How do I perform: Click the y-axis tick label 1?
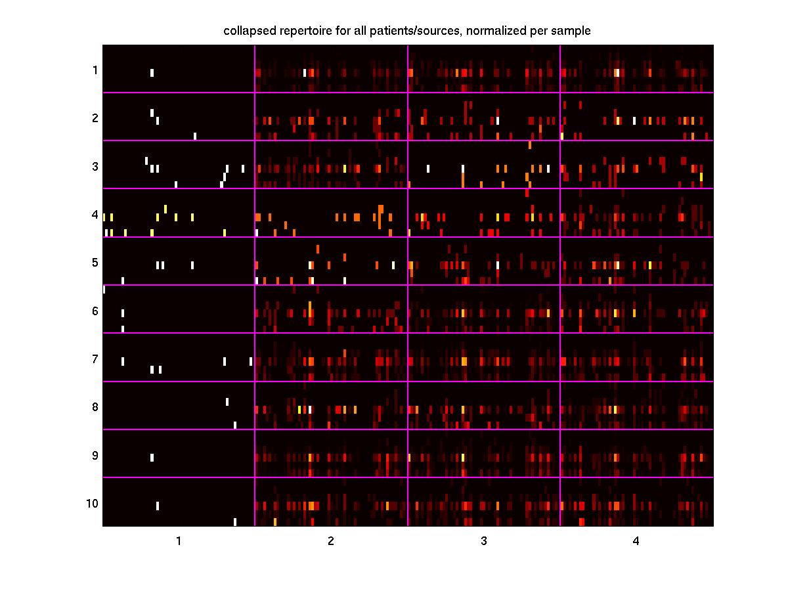coord(95,70)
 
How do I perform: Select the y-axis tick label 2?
coord(95,118)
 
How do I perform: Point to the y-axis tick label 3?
coord(95,166)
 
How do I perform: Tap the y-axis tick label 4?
coord(95,215)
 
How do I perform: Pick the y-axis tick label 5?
coord(95,263)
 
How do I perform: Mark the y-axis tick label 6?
coord(95,311)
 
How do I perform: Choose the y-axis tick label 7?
coord(95,359)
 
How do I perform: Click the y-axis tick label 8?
coord(95,407)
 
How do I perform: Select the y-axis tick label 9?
coord(95,455)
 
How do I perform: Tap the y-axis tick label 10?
coord(92,504)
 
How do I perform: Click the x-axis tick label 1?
coord(178,541)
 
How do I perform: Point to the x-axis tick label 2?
coord(331,541)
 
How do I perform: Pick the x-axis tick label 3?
coord(484,541)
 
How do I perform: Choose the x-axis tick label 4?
coord(636,541)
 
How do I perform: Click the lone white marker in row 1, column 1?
coord(152,73)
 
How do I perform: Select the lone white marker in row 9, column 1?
coord(152,458)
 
